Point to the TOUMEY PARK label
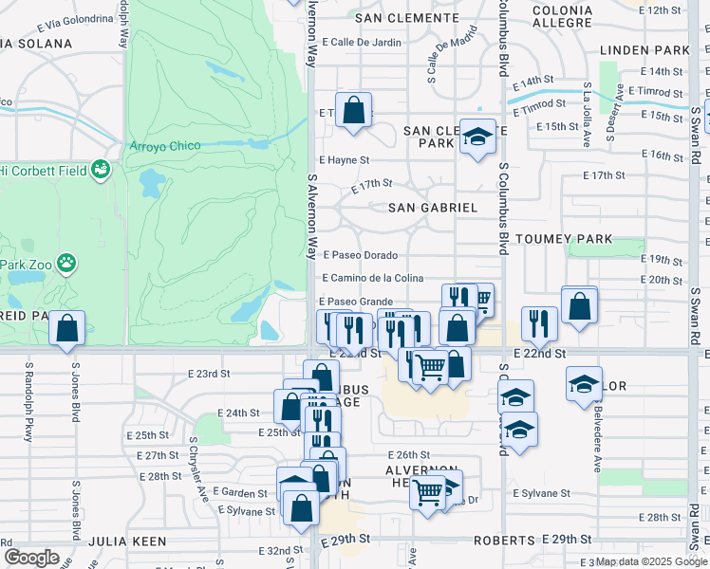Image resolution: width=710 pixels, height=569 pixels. pos(564,240)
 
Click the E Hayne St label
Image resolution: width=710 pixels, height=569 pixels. pos(344,161)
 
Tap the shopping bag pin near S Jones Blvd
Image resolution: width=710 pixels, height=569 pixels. pos(67,330)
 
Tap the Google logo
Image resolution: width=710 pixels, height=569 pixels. pos(30,558)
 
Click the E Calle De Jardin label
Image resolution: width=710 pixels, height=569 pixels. pos(362,42)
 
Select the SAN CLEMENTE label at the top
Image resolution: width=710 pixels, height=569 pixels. pos(406,18)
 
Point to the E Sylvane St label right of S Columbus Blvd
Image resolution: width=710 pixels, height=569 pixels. pos(541,493)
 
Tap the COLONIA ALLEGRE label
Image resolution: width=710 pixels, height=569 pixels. pos(563,17)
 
